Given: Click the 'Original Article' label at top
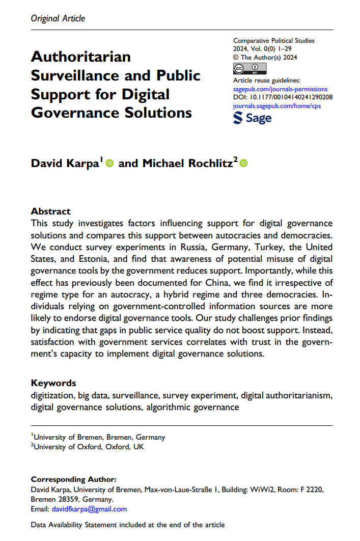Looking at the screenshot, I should [x=58, y=18].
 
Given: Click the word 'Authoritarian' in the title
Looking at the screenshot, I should [x=81, y=57].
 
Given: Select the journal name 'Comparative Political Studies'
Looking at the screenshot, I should [x=273, y=40].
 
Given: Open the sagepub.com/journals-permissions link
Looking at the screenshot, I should [x=280, y=89].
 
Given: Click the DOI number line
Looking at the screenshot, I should [x=283, y=97].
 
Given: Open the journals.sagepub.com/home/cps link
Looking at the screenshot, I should [x=277, y=106].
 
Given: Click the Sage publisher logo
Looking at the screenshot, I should [x=252, y=118].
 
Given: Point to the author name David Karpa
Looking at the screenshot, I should [x=66, y=163].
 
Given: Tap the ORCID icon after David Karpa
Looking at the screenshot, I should [x=109, y=163].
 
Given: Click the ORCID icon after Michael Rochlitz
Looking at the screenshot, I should [x=243, y=163].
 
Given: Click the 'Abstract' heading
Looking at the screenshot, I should [x=51, y=211].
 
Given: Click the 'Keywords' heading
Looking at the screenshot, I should [x=53, y=383].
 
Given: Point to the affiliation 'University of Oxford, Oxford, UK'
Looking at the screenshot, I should [x=88, y=447].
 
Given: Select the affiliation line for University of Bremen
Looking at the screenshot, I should [x=99, y=437].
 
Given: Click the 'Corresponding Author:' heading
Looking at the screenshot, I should [x=74, y=479].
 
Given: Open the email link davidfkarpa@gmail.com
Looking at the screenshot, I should [x=89, y=509].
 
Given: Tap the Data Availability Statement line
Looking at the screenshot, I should [x=128, y=525].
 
